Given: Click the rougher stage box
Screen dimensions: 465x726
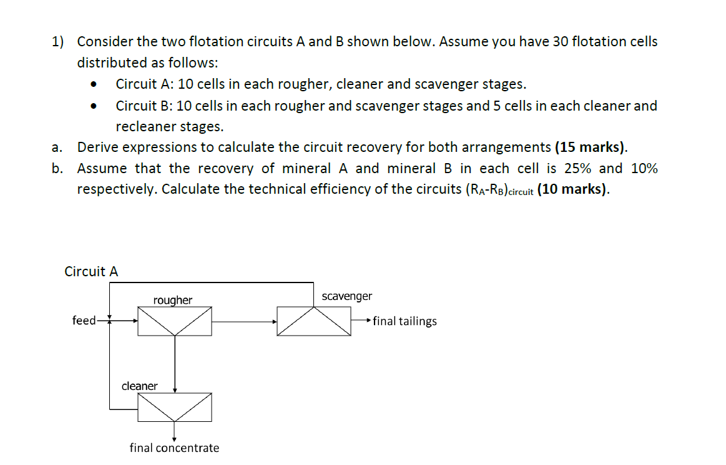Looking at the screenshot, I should coord(174,321).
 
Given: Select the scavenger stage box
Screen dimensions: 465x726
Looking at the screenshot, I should coord(314,321).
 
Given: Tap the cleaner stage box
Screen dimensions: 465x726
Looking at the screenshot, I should coord(174,407).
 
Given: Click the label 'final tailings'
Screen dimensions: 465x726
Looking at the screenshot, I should coord(405,321).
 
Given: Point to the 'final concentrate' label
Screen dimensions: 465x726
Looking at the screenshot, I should coord(174,448).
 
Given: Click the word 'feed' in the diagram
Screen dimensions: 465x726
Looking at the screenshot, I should coord(84,321).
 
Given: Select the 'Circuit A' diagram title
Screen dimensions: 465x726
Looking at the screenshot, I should coord(91,272).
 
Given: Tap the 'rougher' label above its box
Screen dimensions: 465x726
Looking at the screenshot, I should coord(173,301).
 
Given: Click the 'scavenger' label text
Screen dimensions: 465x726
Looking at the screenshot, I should coord(347,296).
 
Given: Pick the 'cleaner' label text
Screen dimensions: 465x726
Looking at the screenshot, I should coord(139,386).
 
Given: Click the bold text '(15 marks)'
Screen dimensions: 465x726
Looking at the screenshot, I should coord(590,147).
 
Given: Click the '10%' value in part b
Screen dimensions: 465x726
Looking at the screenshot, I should coord(644,169).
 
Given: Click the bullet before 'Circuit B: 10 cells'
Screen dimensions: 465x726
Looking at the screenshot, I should coord(94,106).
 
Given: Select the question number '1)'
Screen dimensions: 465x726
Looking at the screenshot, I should coord(58,42).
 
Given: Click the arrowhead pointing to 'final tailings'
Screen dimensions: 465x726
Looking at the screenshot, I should coord(370,321).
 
